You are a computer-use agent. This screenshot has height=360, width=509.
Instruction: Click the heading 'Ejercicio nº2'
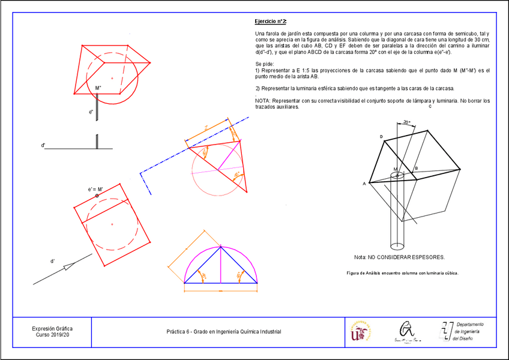(271, 21)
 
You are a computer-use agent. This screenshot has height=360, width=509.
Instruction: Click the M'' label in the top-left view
(98, 89)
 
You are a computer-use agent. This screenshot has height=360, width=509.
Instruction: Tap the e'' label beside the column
(91, 112)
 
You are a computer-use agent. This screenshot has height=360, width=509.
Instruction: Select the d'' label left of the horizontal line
(43, 145)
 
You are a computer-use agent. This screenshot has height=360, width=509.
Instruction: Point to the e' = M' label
(96, 189)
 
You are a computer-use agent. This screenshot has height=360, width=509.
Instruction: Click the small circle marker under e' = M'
(97, 196)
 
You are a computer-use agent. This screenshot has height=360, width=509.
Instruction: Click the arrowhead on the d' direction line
(69, 266)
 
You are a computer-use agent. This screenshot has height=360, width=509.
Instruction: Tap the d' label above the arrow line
(53, 261)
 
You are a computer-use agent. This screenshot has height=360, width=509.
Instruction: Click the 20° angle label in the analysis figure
(406, 122)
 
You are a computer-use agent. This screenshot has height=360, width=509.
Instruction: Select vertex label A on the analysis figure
(364, 184)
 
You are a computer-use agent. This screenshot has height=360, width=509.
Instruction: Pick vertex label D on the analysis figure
(381, 137)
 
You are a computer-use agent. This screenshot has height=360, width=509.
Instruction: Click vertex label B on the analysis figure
(415, 169)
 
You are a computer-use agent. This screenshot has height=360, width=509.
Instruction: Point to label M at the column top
(394, 169)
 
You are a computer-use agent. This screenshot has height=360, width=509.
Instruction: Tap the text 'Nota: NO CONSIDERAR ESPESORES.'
(399, 257)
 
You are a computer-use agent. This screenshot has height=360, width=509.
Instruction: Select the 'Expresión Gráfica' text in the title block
(52, 328)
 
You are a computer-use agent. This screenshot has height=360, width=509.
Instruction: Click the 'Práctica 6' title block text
(223, 332)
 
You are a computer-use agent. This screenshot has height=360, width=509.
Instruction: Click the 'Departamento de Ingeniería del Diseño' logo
(462, 331)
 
